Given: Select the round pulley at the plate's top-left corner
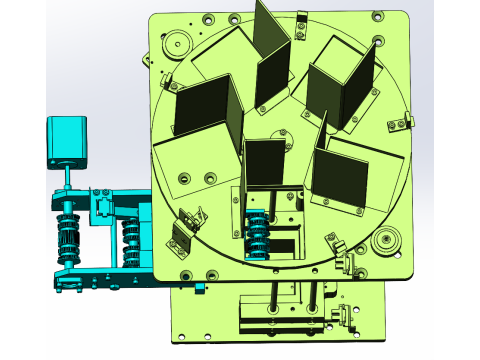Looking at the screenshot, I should pyautogui.click(x=177, y=43).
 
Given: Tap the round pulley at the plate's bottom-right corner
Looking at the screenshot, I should pyautogui.click(x=383, y=240).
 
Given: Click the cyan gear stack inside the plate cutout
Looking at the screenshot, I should pyautogui.click(x=257, y=236).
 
